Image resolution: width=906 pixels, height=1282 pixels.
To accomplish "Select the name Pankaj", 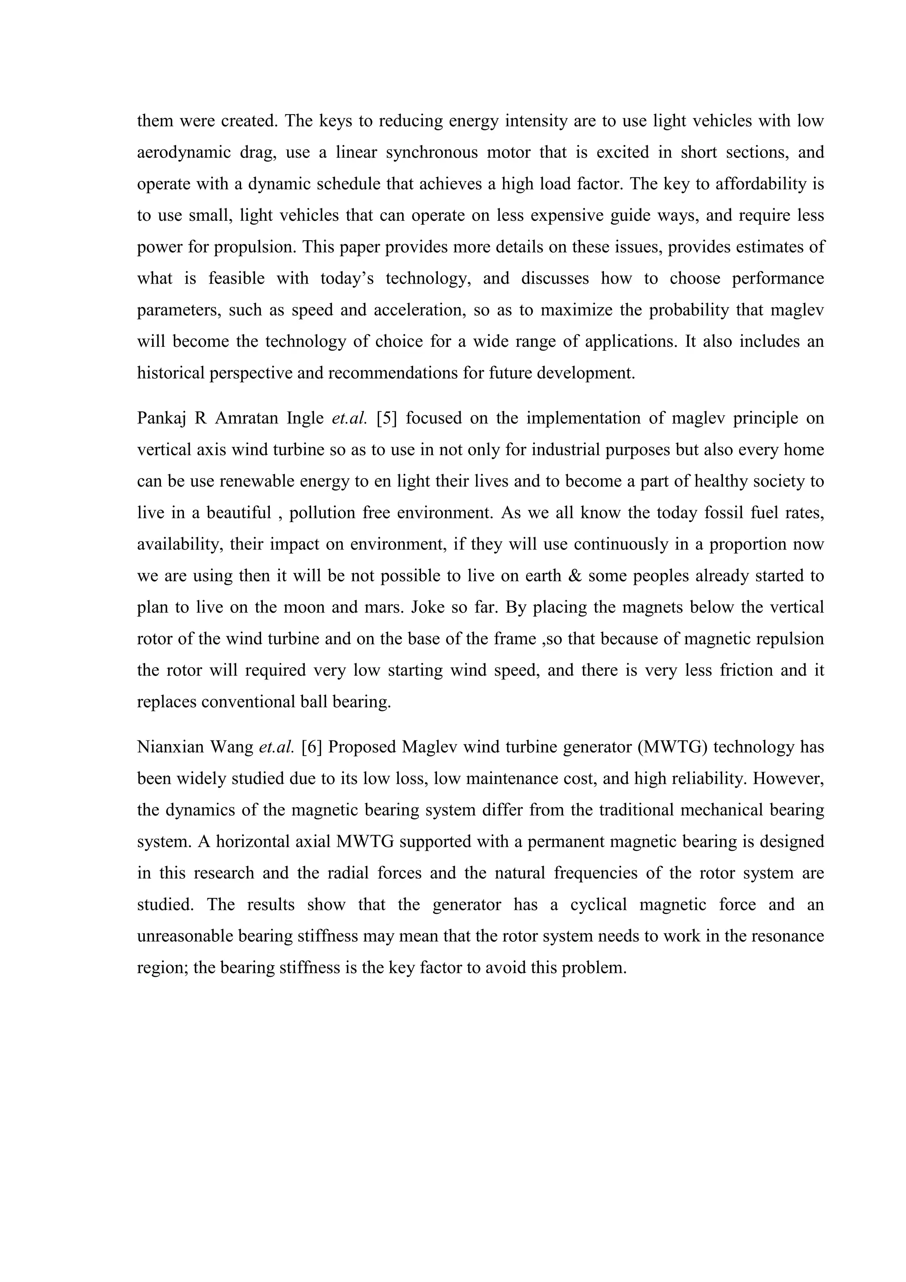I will point(162,418).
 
